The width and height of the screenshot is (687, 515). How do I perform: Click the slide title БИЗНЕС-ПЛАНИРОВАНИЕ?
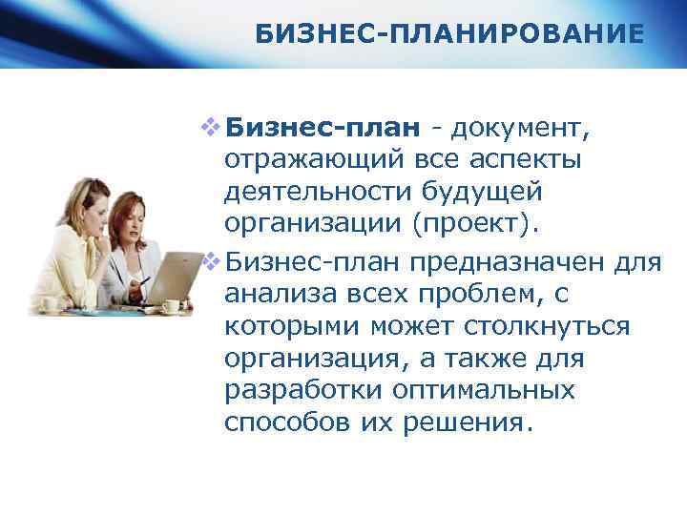click(449, 35)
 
